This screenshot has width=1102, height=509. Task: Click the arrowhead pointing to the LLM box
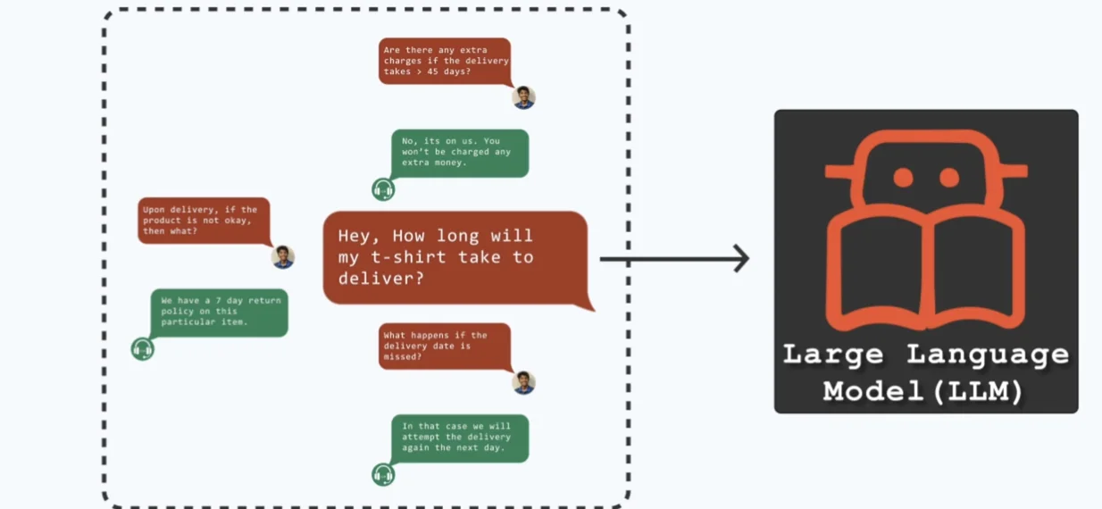pos(740,259)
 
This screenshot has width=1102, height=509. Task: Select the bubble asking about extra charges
pos(444,61)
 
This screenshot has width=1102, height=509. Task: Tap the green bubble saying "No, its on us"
pos(460,153)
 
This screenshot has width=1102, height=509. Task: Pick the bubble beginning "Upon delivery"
pos(204,221)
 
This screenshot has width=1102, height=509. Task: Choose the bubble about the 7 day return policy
pos(219,312)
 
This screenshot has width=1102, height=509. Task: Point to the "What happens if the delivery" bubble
pos(445,346)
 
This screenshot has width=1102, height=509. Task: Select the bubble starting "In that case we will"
pos(460,438)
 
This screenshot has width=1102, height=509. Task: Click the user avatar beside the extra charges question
pos(524,97)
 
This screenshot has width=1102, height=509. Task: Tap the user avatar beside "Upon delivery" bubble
pos(283,257)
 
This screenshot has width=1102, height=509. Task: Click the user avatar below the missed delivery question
pos(524,383)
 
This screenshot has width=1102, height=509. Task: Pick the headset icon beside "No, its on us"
pos(383,189)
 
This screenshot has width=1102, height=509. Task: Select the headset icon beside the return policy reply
pos(142,349)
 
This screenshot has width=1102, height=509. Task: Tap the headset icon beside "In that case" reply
pos(383,474)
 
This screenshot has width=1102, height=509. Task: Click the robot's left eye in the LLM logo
pos(903,178)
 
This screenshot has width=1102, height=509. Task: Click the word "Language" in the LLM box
pos(988,355)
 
